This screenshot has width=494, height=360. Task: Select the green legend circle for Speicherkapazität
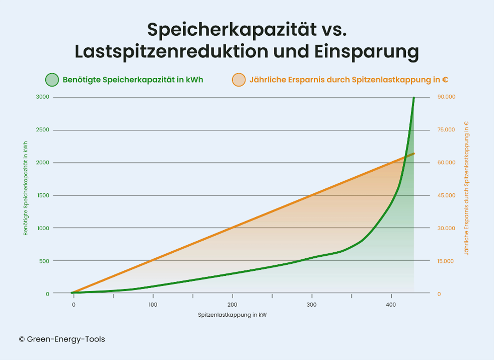click(x=52, y=80)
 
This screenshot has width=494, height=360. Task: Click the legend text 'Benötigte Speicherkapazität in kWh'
click(x=133, y=80)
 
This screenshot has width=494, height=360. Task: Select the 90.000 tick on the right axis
click(x=447, y=97)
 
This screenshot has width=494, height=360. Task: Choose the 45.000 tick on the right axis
click(x=447, y=195)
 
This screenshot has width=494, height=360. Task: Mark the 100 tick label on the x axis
click(x=153, y=305)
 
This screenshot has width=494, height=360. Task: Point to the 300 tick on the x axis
click(x=312, y=305)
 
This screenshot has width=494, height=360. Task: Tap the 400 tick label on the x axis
click(x=391, y=305)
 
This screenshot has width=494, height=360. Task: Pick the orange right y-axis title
click(x=466, y=188)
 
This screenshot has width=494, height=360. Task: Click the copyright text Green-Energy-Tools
click(x=62, y=339)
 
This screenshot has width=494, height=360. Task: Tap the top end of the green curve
click(x=414, y=98)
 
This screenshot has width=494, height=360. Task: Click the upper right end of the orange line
click(x=413, y=154)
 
